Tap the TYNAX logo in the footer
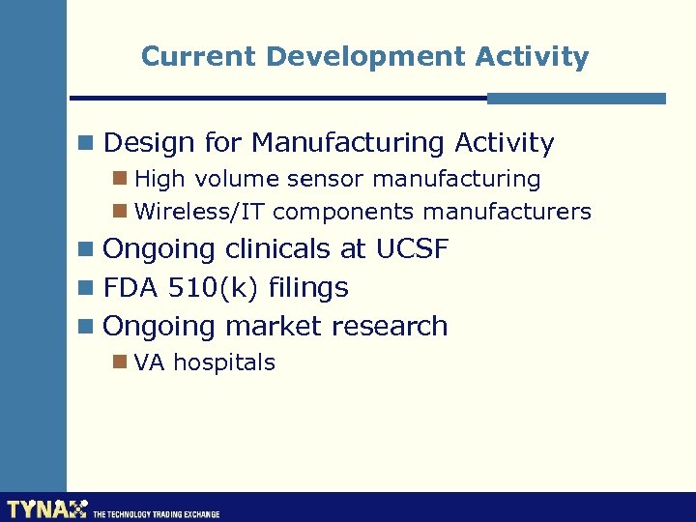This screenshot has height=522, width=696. (46, 508)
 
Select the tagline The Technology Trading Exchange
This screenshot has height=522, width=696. (156, 514)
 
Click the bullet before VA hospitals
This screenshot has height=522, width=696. (120, 362)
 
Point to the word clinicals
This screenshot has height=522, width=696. (278, 249)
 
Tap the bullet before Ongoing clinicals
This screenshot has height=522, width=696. (87, 249)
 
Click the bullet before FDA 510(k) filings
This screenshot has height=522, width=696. (87, 288)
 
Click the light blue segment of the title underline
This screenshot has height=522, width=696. (576, 99)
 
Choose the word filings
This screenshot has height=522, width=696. (308, 288)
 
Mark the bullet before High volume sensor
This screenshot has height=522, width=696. (120, 179)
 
